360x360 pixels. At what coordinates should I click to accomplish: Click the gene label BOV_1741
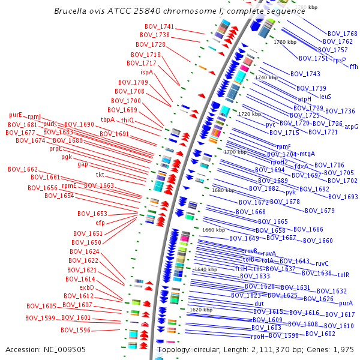(159, 27)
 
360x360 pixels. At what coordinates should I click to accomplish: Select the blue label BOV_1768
(342, 34)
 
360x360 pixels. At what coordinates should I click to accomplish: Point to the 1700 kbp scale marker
(235, 152)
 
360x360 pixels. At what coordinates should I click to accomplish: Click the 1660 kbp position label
(213, 230)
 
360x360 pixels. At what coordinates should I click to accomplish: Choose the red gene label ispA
(147, 72)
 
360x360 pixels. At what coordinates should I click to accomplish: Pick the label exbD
(87, 288)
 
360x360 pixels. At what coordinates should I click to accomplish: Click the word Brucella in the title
(70, 11)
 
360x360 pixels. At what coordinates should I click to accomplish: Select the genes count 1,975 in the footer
(344, 349)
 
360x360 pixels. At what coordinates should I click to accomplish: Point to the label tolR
(343, 275)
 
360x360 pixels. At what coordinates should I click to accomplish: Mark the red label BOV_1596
(76, 330)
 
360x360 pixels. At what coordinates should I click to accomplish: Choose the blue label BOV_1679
(319, 211)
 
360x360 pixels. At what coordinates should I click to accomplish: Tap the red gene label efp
(100, 223)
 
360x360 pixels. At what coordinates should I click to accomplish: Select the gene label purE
(16, 115)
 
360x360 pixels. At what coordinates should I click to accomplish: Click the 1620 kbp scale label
(201, 310)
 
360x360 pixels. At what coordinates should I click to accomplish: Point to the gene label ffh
(353, 67)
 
